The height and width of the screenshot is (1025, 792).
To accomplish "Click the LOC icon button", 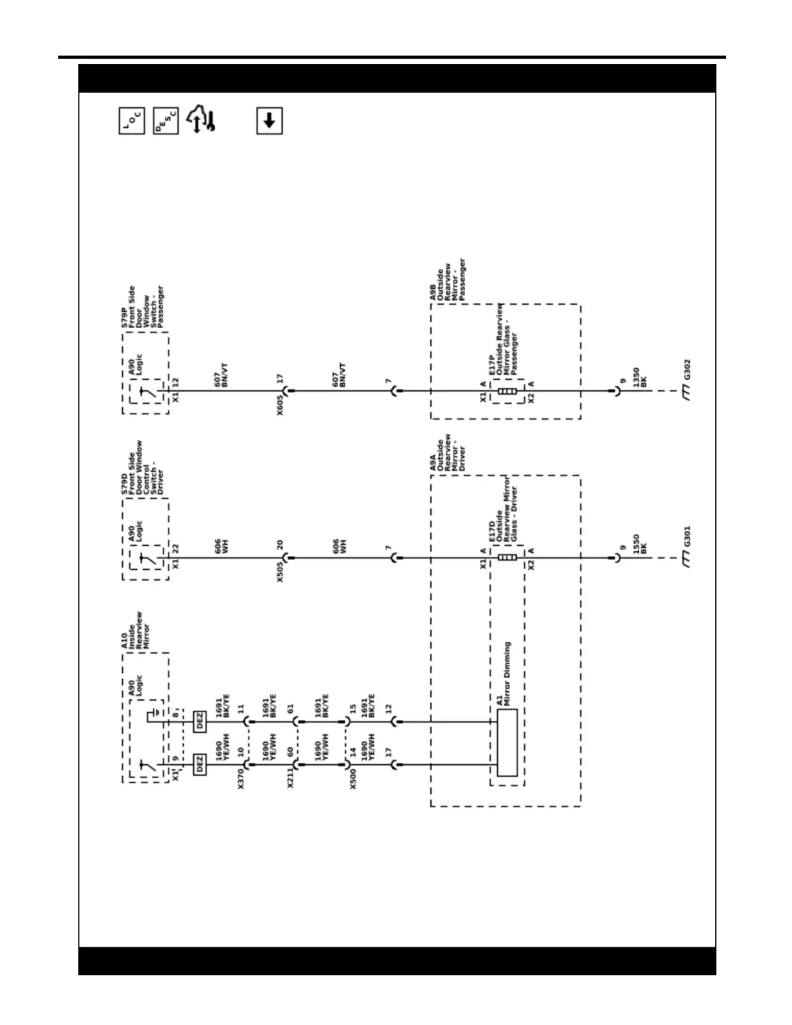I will (x=132, y=121).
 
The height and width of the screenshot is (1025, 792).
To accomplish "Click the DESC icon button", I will (x=166, y=121).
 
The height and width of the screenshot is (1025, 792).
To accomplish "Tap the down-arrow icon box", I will (x=270, y=121).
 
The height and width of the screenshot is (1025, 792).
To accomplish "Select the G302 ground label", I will (x=687, y=370).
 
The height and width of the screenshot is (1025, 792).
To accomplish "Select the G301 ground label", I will (x=687, y=536).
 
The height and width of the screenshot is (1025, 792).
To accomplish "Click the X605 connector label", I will (x=280, y=404).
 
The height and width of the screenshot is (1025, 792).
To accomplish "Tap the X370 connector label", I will (x=241, y=778).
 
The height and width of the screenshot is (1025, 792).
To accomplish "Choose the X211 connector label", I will (x=290, y=778).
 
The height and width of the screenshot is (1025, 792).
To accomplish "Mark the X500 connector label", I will (x=353, y=778).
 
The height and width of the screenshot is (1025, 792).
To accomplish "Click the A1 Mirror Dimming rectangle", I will (x=508, y=742).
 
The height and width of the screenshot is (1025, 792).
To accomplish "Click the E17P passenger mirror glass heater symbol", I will (x=508, y=391).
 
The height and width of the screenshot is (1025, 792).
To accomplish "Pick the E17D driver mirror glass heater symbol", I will (x=508, y=557).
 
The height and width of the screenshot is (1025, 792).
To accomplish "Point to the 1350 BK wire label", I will (x=639, y=378).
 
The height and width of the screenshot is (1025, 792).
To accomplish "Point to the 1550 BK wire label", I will (x=639, y=544).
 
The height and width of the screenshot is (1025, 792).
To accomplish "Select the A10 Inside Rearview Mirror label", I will (x=136, y=631).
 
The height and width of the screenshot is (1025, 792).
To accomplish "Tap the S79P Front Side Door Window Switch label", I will (x=143, y=307).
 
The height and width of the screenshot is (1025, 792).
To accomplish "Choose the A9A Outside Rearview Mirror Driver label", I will (x=448, y=452).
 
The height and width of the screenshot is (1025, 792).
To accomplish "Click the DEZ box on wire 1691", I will (x=200, y=721).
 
